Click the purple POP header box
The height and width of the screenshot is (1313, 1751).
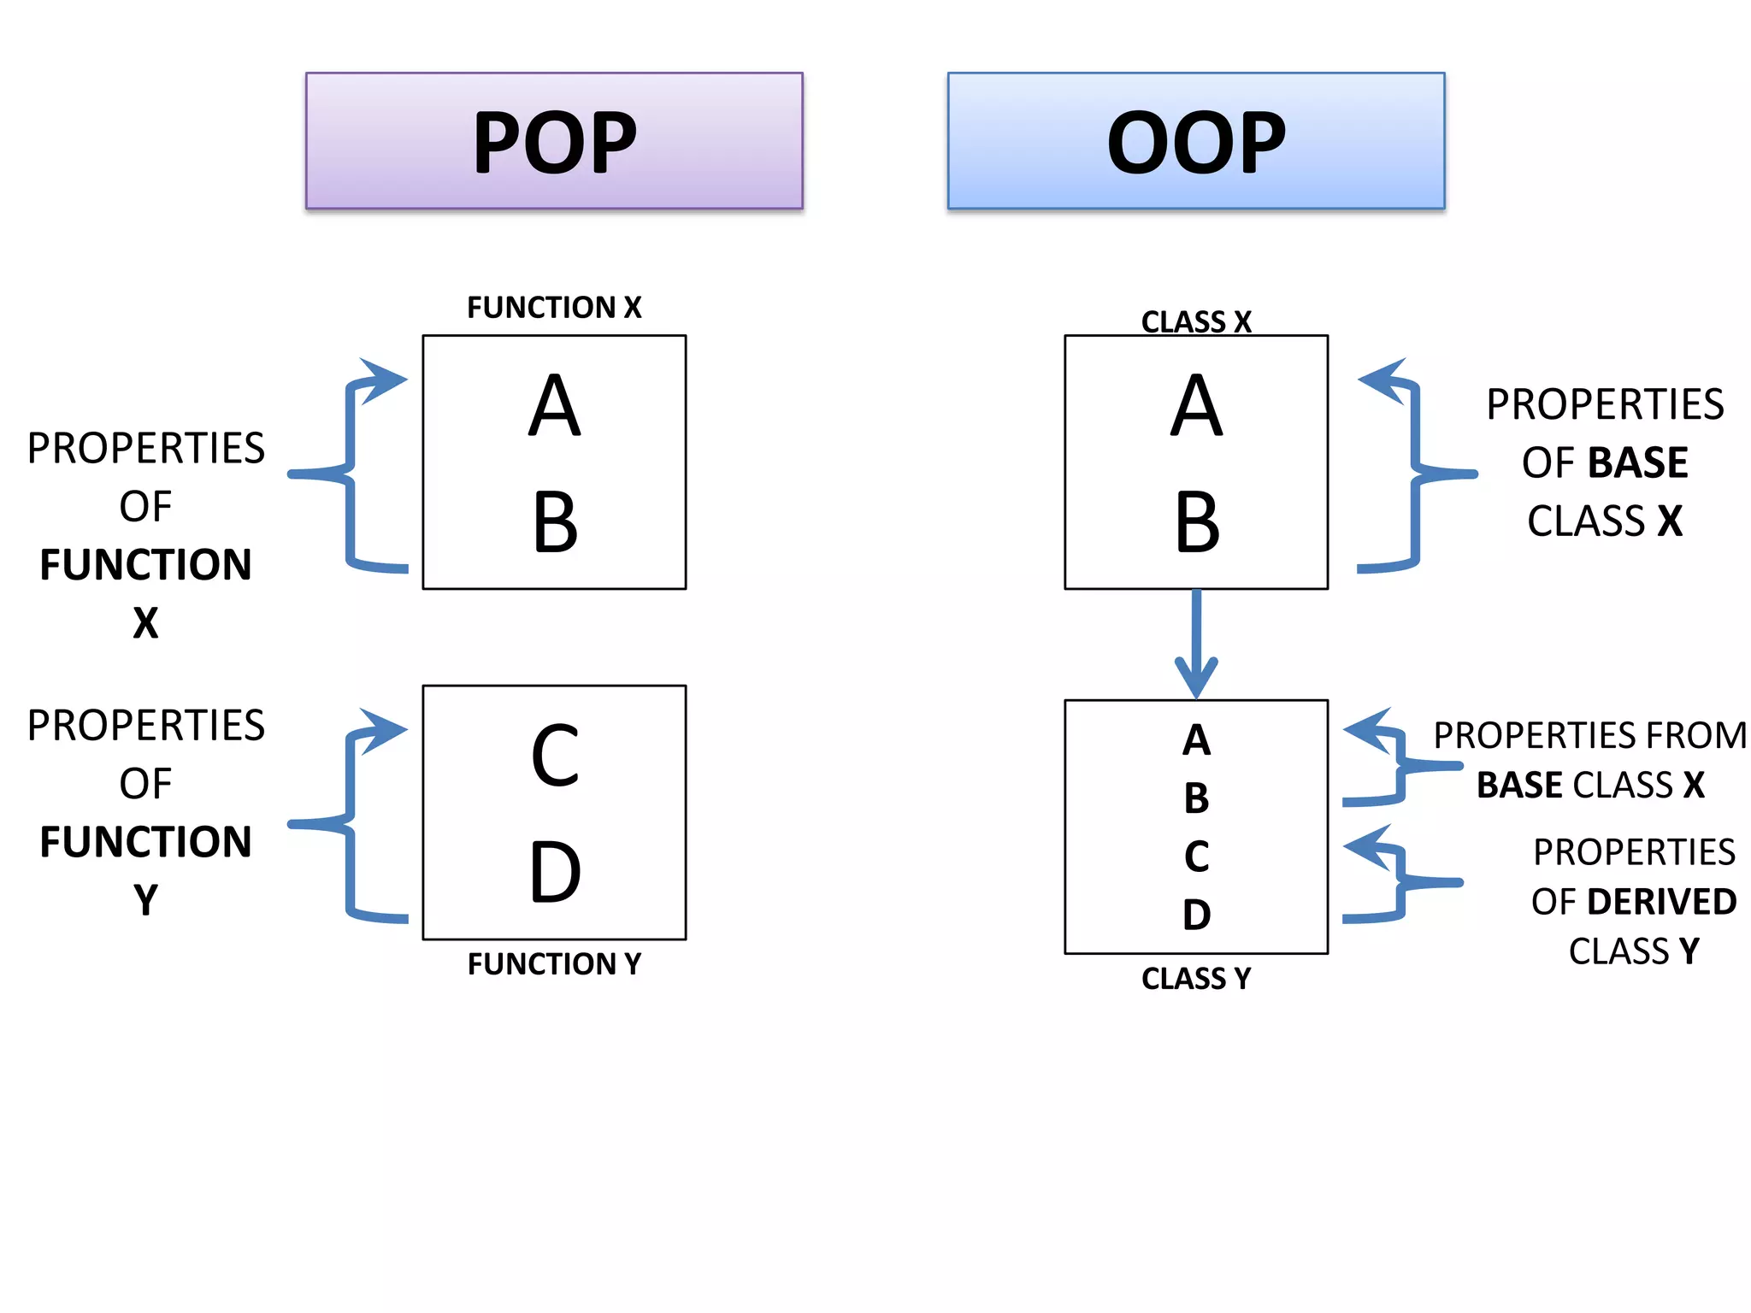coord(554,141)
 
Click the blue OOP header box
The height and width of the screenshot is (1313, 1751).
coord(1195,141)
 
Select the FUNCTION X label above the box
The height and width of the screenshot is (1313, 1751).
coord(554,308)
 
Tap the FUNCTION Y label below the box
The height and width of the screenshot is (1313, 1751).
coord(554,964)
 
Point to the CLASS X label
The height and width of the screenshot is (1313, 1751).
coord(1196,322)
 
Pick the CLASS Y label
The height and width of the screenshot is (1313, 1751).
coord(1196,979)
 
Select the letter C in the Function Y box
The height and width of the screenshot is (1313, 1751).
coord(555,757)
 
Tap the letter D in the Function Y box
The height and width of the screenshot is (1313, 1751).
coord(555,872)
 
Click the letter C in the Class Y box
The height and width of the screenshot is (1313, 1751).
coord(1197,857)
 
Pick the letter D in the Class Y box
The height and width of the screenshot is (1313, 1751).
coord(1197,915)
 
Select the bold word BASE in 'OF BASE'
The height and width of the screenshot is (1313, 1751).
coord(1639,463)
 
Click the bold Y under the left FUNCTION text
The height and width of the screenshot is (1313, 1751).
coord(146,900)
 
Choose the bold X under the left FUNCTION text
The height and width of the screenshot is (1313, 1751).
coord(146,623)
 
